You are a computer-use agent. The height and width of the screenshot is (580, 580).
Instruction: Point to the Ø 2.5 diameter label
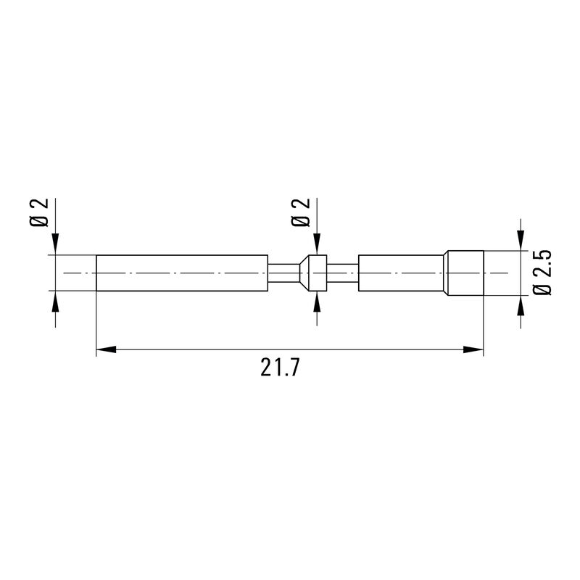(542, 272)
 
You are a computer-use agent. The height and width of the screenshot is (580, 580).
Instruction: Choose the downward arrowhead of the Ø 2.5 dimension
(519, 241)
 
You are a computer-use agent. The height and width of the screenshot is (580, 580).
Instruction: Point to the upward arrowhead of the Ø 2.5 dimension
(519, 305)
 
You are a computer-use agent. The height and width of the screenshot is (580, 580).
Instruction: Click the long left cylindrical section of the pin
(182, 273)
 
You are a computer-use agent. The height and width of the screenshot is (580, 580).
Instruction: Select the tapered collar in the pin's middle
(314, 273)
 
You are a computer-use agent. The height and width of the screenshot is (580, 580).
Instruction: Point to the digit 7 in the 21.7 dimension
(294, 369)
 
